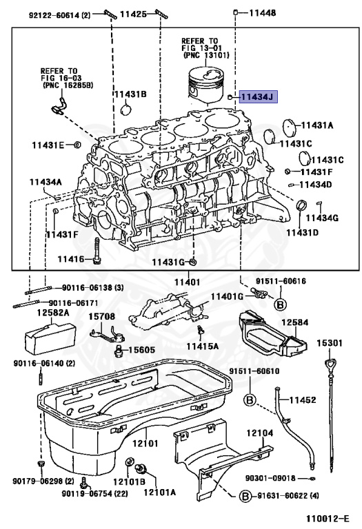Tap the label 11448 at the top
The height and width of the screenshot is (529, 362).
pos(262,12)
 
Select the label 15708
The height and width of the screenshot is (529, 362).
pos(101,316)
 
